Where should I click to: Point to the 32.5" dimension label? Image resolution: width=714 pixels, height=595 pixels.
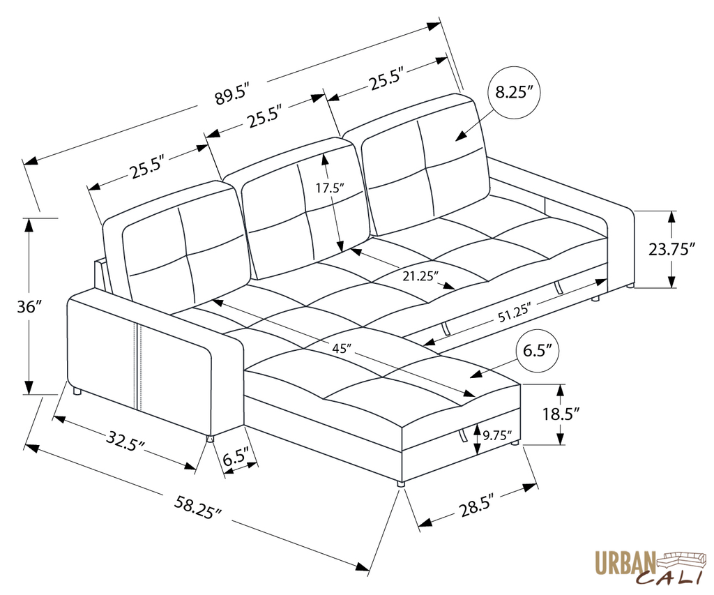126,441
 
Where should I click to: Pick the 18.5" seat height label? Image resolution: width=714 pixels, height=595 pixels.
561,414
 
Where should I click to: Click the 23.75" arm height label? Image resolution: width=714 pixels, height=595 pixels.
671,249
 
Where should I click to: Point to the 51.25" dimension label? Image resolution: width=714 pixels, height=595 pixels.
513,312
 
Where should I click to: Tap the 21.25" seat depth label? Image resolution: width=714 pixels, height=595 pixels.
420,276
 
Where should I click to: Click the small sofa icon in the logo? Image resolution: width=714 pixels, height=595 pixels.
684,558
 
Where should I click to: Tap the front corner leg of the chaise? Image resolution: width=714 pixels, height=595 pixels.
400,483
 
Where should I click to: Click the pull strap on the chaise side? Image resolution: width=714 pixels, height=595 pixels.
462,436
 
